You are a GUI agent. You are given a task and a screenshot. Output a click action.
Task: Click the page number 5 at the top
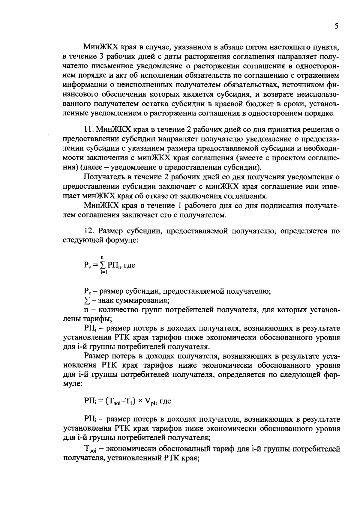coord(337,26)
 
